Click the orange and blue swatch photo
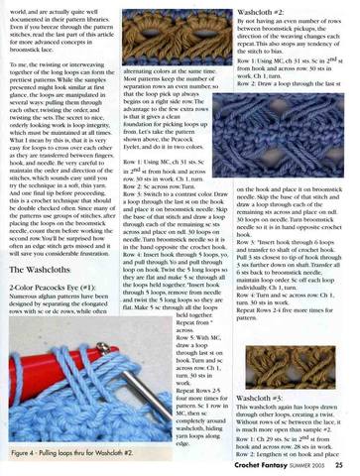point(182,36)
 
